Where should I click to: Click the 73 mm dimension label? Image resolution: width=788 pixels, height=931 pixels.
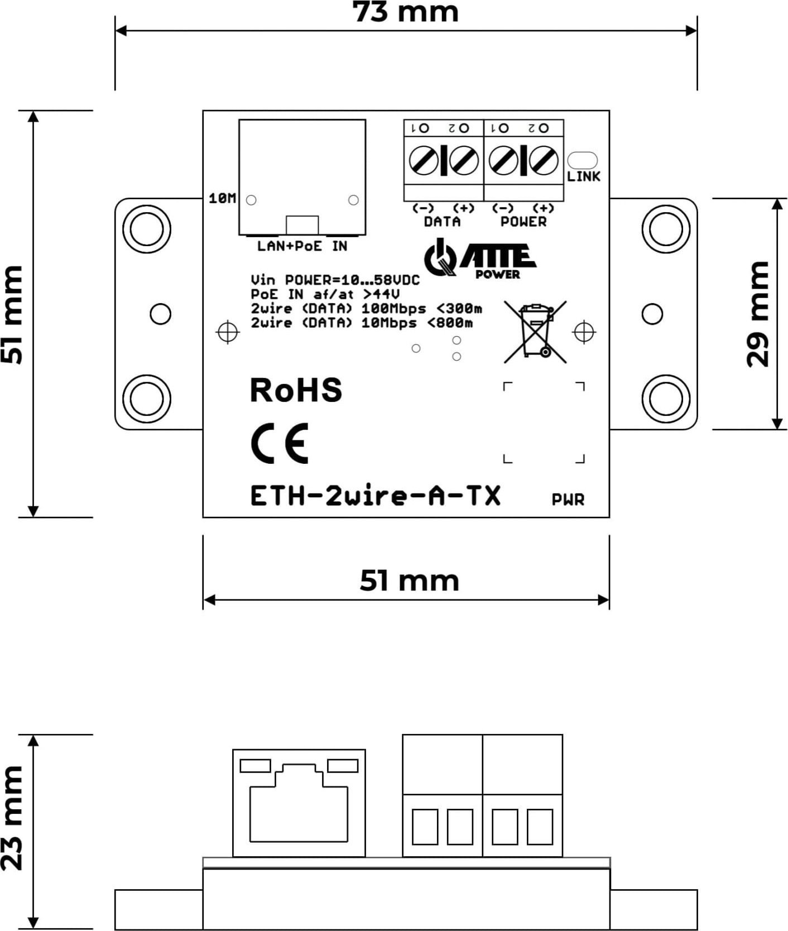coord(406,12)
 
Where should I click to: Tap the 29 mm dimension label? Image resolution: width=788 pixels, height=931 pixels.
coord(758,314)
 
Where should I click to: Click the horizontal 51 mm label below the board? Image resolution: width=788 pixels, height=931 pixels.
coord(409,580)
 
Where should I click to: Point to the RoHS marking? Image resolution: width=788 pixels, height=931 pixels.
coord(295,390)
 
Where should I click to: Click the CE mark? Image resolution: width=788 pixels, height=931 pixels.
coord(280,444)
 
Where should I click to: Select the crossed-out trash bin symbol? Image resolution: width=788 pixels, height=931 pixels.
coord(535,331)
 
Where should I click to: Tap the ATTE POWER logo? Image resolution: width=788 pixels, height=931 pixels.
coord(480,259)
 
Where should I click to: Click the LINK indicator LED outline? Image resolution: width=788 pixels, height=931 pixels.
coord(582,160)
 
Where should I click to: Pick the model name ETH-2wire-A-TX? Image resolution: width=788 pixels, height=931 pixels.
coord(375,496)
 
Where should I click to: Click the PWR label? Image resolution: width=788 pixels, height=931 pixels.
coord(568,500)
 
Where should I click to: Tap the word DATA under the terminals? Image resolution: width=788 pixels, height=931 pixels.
coord(442,222)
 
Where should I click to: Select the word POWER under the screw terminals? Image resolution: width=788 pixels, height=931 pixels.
coord(523,222)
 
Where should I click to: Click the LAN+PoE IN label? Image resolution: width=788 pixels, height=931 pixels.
coord(302,246)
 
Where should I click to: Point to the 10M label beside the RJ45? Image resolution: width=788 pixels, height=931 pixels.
coord(222,198)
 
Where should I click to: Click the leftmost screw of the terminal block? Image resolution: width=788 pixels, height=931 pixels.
coord(424,161)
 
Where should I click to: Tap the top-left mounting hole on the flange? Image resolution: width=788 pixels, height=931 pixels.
coord(146,229)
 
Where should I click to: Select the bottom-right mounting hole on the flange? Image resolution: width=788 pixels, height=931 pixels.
coord(666,399)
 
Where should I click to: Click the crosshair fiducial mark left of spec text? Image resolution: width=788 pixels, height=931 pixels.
coord(227,333)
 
